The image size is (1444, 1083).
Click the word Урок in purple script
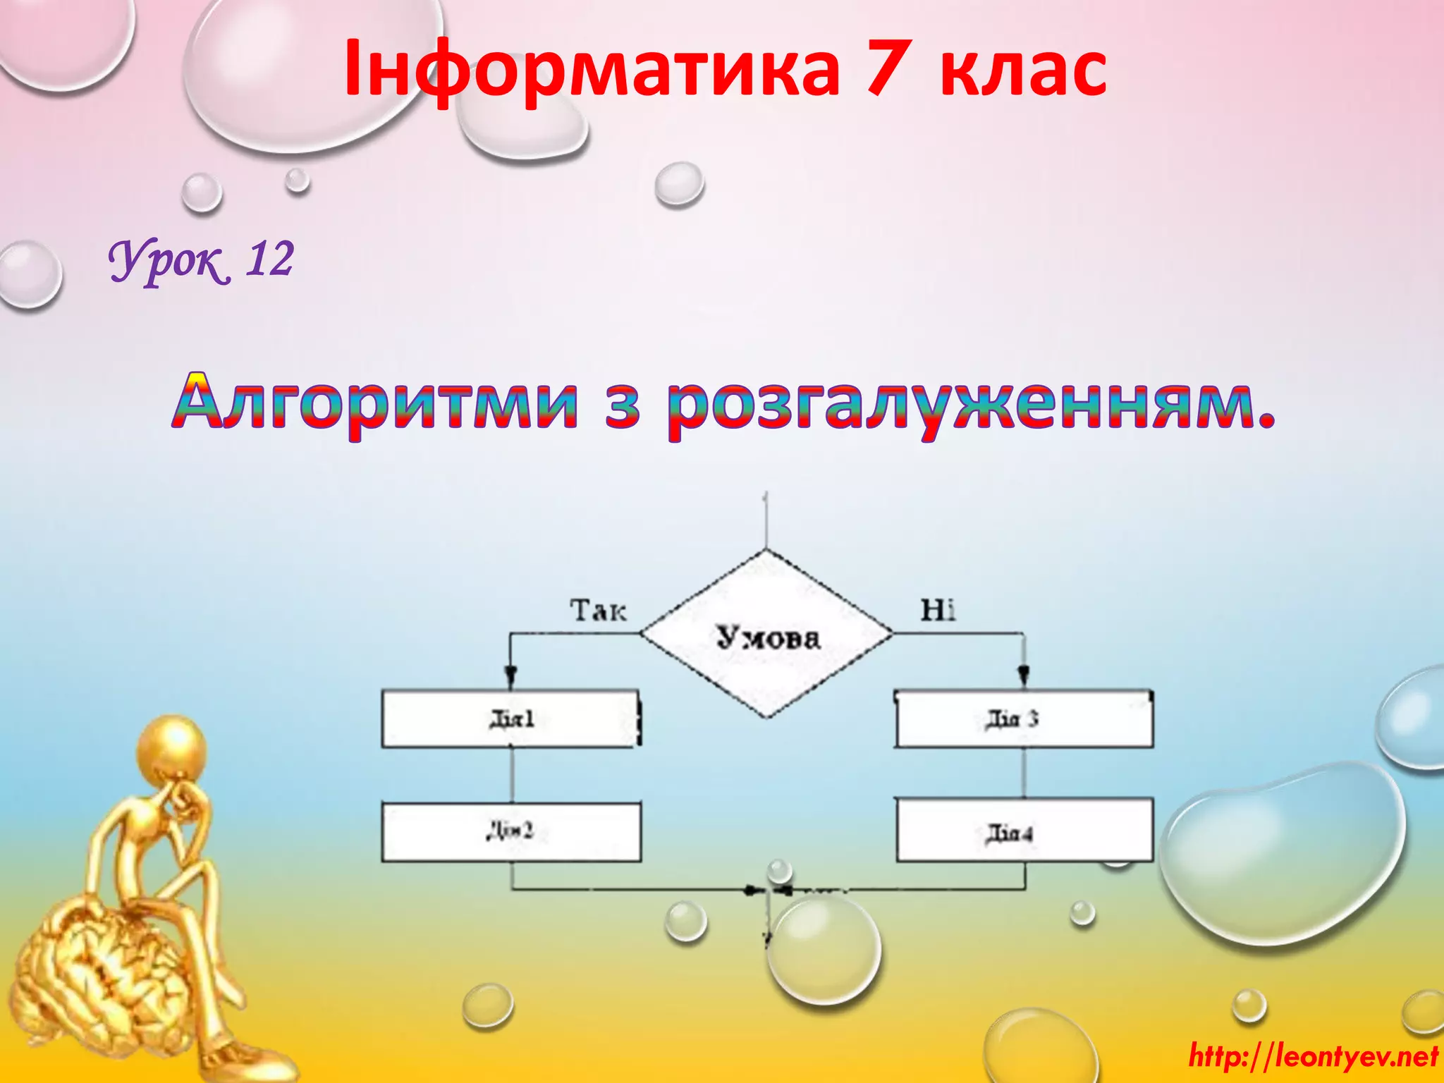click(168, 261)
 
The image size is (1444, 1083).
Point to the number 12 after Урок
click(269, 259)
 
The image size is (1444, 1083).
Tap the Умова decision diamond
click(768, 635)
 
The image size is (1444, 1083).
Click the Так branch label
click(598, 610)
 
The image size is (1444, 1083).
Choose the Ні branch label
click(938, 610)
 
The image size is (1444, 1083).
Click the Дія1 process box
click(511, 718)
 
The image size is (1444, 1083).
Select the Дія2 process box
click(511, 831)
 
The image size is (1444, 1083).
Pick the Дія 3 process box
click(1024, 718)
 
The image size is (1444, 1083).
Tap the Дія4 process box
click(1024, 831)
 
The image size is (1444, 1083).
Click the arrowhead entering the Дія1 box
click(511, 677)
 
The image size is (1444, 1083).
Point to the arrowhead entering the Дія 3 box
click(1024, 677)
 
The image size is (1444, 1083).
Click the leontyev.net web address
click(1313, 1056)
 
